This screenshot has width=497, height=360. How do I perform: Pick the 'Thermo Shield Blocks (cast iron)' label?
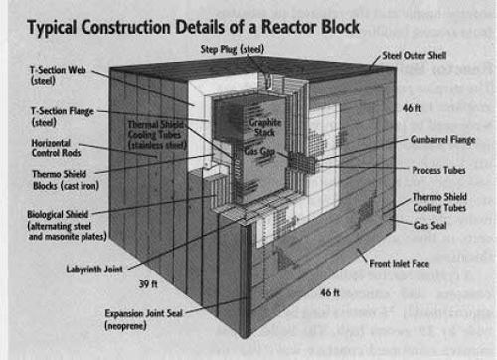(x=51, y=179)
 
